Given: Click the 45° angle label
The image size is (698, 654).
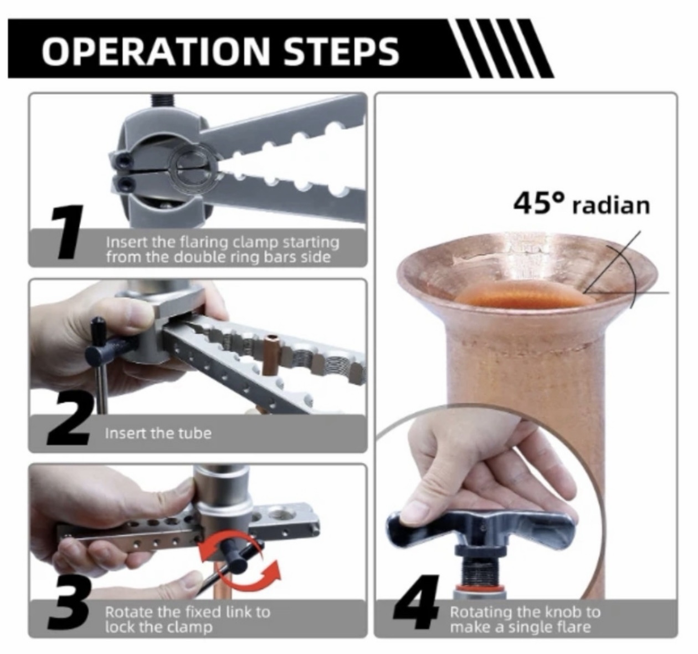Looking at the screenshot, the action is tap(539, 203).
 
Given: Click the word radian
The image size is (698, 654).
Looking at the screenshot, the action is tap(611, 206).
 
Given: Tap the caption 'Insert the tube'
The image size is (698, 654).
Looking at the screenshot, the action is tap(158, 433).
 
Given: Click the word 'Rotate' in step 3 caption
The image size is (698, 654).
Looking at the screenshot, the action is tap(129, 612).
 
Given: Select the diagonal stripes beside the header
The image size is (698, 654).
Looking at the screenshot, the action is tap(502, 49).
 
